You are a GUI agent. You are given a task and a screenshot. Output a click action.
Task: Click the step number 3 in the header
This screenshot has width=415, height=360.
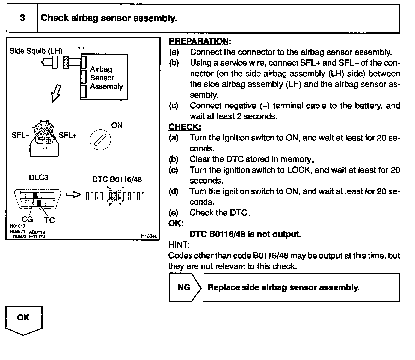click(x=22, y=18)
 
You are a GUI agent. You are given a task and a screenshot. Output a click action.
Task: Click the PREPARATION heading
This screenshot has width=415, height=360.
click(x=200, y=41)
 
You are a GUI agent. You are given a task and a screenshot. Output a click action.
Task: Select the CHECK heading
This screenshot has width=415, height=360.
click(x=185, y=127)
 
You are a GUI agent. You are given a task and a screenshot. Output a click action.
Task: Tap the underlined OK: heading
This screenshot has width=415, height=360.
click(x=176, y=223)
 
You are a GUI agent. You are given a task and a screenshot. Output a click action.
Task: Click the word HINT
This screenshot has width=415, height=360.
click(x=178, y=245)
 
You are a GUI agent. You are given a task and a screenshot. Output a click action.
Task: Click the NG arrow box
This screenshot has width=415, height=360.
click(x=184, y=287)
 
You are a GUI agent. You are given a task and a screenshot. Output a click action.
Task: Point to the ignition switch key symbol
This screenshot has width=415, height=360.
click(x=100, y=140)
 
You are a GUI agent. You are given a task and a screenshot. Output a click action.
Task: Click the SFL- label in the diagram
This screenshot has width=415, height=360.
click(x=20, y=135)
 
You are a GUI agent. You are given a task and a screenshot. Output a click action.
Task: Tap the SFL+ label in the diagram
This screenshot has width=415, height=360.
click(x=68, y=135)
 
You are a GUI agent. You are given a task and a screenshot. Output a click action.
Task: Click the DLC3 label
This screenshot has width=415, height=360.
click(x=38, y=178)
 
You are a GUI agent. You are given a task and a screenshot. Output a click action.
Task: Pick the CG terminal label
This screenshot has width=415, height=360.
click(x=27, y=219)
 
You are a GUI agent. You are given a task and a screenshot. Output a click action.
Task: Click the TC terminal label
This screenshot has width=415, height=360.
click(x=49, y=220)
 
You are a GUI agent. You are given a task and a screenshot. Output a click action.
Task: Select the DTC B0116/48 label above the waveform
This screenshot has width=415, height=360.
click(x=117, y=179)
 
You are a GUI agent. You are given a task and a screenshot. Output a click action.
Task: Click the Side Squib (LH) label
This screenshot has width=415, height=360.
click(x=36, y=51)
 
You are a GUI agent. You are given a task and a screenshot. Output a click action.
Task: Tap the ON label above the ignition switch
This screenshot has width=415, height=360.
click(x=117, y=125)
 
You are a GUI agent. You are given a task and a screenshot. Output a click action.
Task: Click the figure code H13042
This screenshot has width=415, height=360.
click(x=149, y=236)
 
